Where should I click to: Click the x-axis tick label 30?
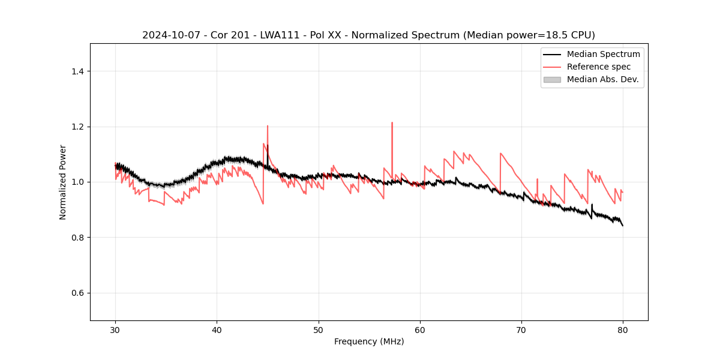tap(116, 329)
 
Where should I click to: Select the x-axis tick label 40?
tap(217, 329)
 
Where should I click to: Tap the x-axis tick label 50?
tap(319, 329)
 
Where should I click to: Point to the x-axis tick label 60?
tap(420, 329)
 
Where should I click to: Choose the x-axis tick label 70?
tap(521, 329)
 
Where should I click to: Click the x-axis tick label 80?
tap(623, 329)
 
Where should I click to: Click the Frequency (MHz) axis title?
tap(369, 341)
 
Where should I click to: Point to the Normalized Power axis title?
tap(62, 182)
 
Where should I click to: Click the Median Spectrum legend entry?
tap(603, 54)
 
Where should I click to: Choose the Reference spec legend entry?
tap(598, 67)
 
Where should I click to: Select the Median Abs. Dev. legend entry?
tap(602, 79)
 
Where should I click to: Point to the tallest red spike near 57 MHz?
tap(392, 123)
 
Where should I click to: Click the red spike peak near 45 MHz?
tap(268, 126)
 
